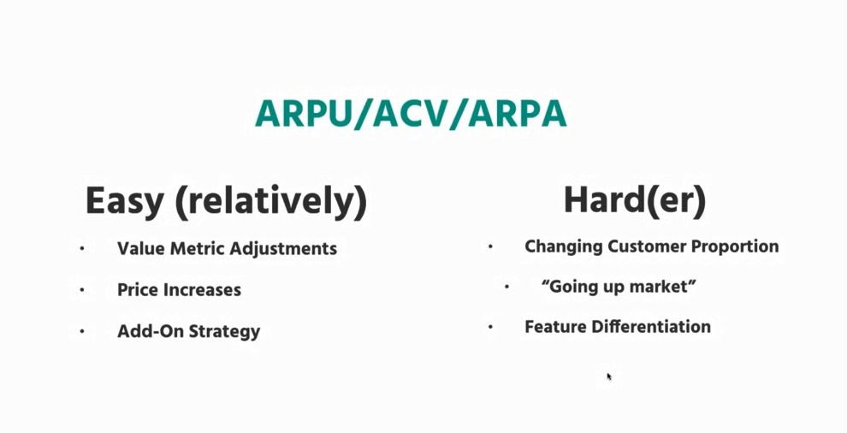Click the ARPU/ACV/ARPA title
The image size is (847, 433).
coord(411,114)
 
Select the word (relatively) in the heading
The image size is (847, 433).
coord(271,202)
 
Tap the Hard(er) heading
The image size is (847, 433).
coord(635,200)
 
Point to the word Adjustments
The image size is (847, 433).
coord(283,249)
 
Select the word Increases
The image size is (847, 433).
coord(202,290)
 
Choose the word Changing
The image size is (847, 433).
coord(564,246)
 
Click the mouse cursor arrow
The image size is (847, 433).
coord(609,377)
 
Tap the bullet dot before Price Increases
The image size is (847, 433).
coord(82,290)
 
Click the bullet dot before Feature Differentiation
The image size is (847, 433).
coord(490,327)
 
